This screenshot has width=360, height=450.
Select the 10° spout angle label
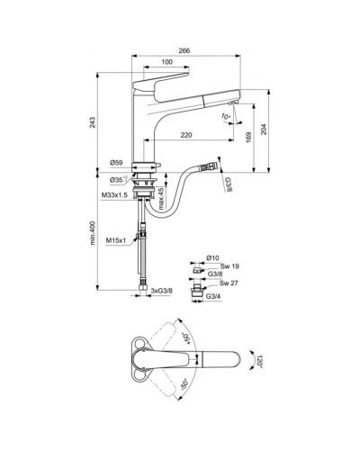[226, 117]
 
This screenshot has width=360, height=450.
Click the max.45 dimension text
[161, 198]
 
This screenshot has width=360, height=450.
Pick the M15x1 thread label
[114, 239]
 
